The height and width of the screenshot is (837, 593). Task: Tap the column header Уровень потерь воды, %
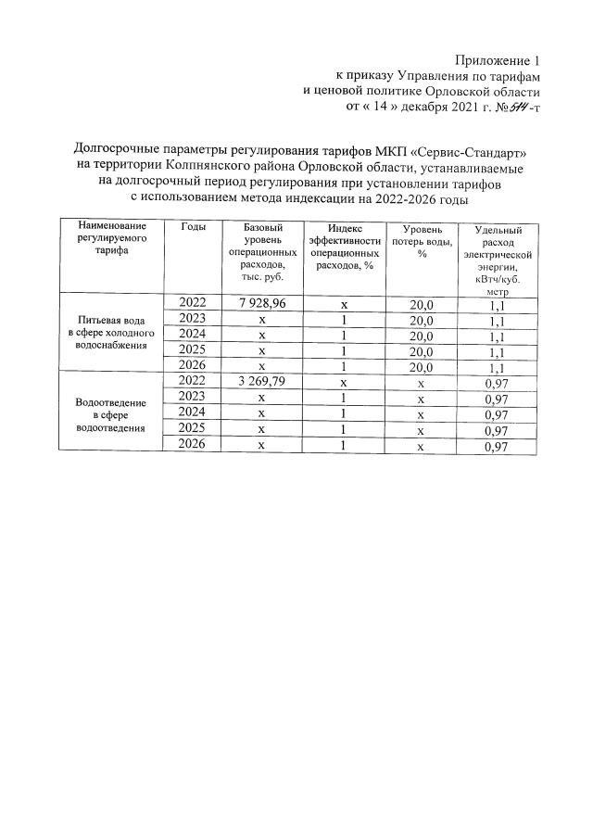click(422, 242)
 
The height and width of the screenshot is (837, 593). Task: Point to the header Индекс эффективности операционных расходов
click(344, 246)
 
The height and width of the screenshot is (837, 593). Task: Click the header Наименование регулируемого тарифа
click(110, 237)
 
